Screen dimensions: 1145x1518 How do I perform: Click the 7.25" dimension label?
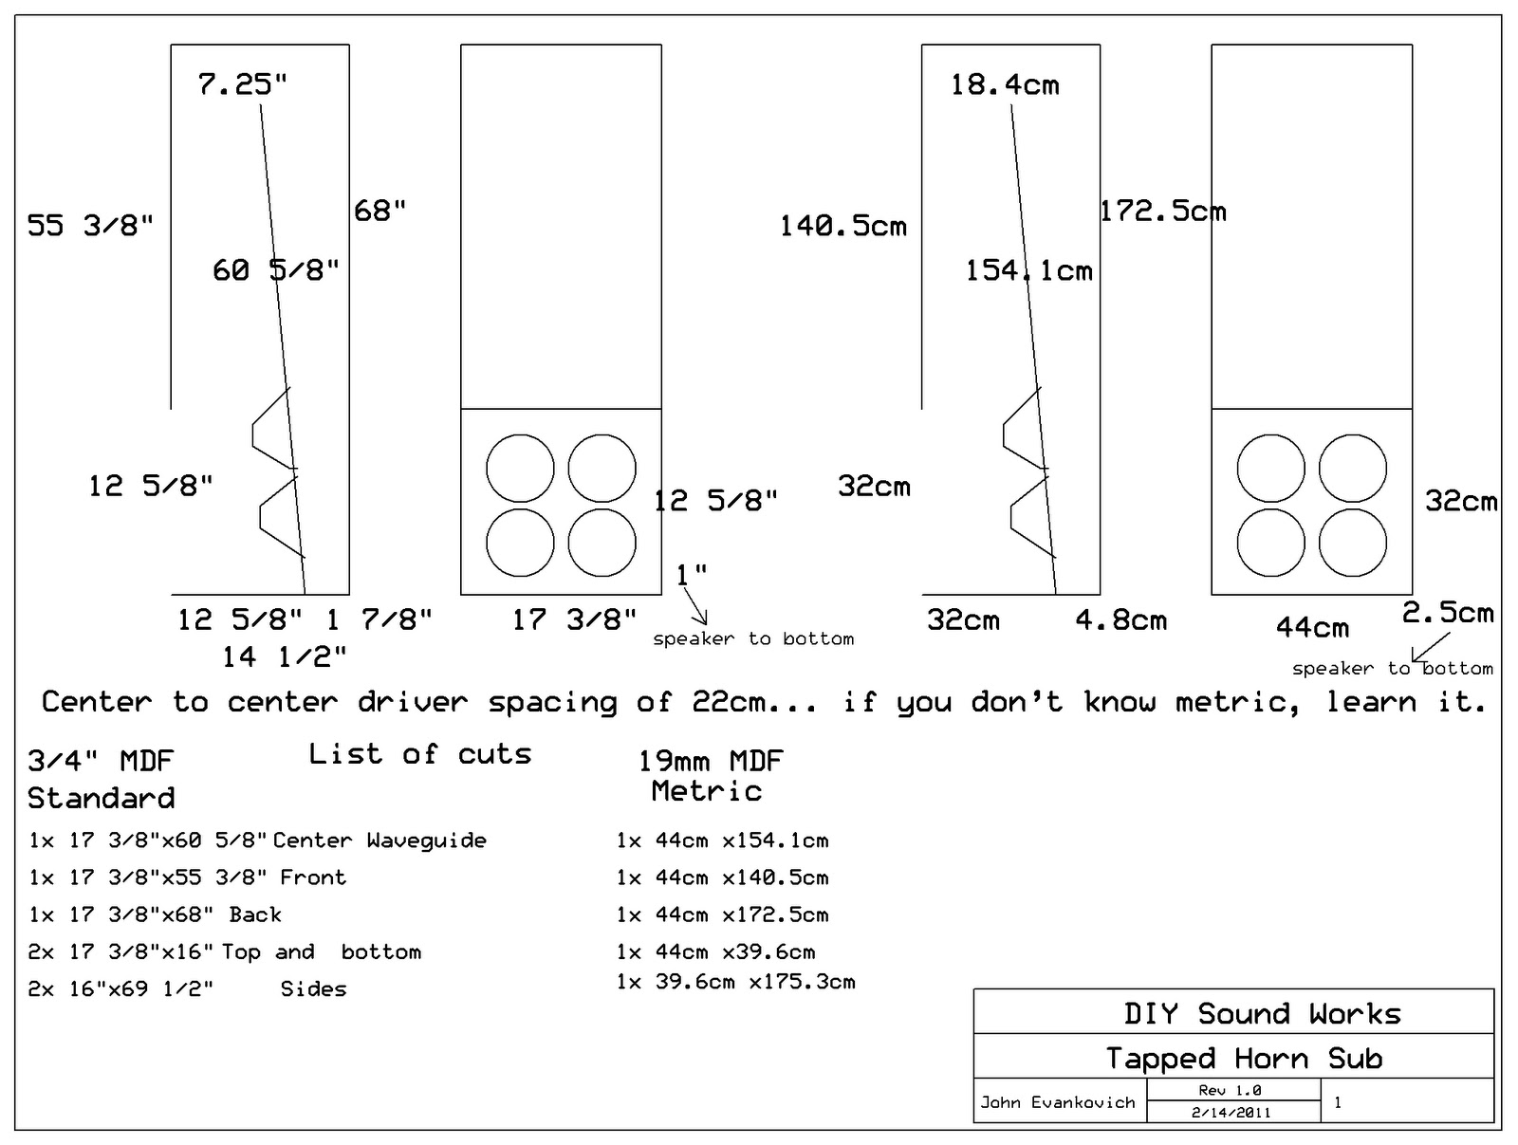tap(243, 84)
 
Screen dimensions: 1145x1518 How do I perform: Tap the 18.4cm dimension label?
tap(1005, 85)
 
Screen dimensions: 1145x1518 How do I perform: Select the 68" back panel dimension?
tap(380, 211)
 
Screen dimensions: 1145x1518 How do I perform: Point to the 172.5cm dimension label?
tap(1163, 211)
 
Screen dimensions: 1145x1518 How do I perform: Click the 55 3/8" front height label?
tap(90, 226)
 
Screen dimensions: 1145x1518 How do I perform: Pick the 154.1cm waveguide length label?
tap(1029, 271)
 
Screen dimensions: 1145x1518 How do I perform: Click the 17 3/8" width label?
tap(574, 620)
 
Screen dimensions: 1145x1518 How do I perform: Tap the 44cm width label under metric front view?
tap(1312, 627)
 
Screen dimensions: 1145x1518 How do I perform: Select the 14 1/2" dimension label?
tap(285, 656)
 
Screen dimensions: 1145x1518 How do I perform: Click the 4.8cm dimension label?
tap(1121, 620)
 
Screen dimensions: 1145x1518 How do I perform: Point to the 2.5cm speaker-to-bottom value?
tap(1448, 613)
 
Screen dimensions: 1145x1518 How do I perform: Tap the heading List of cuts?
tap(419, 754)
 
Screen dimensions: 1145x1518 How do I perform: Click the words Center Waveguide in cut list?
tap(379, 840)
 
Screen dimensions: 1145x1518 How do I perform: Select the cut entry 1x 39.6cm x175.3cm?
tap(735, 982)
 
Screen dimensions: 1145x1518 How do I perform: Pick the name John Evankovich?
tap(1058, 1102)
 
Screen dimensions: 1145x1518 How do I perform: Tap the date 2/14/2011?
tap(1231, 1113)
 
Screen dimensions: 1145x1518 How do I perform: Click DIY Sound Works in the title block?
tap(1262, 1013)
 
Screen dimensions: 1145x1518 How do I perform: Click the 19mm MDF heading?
tap(710, 761)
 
